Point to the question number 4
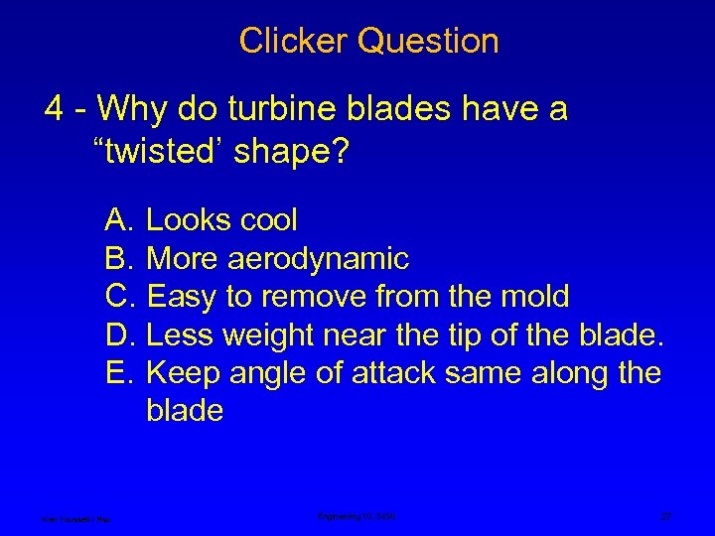coord(56,108)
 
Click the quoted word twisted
coord(159,154)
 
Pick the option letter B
coord(120,259)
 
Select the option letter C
coord(120,297)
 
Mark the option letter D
coord(120,335)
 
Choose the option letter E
coord(120,372)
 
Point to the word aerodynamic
coord(319,259)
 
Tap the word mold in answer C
coord(535,297)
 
